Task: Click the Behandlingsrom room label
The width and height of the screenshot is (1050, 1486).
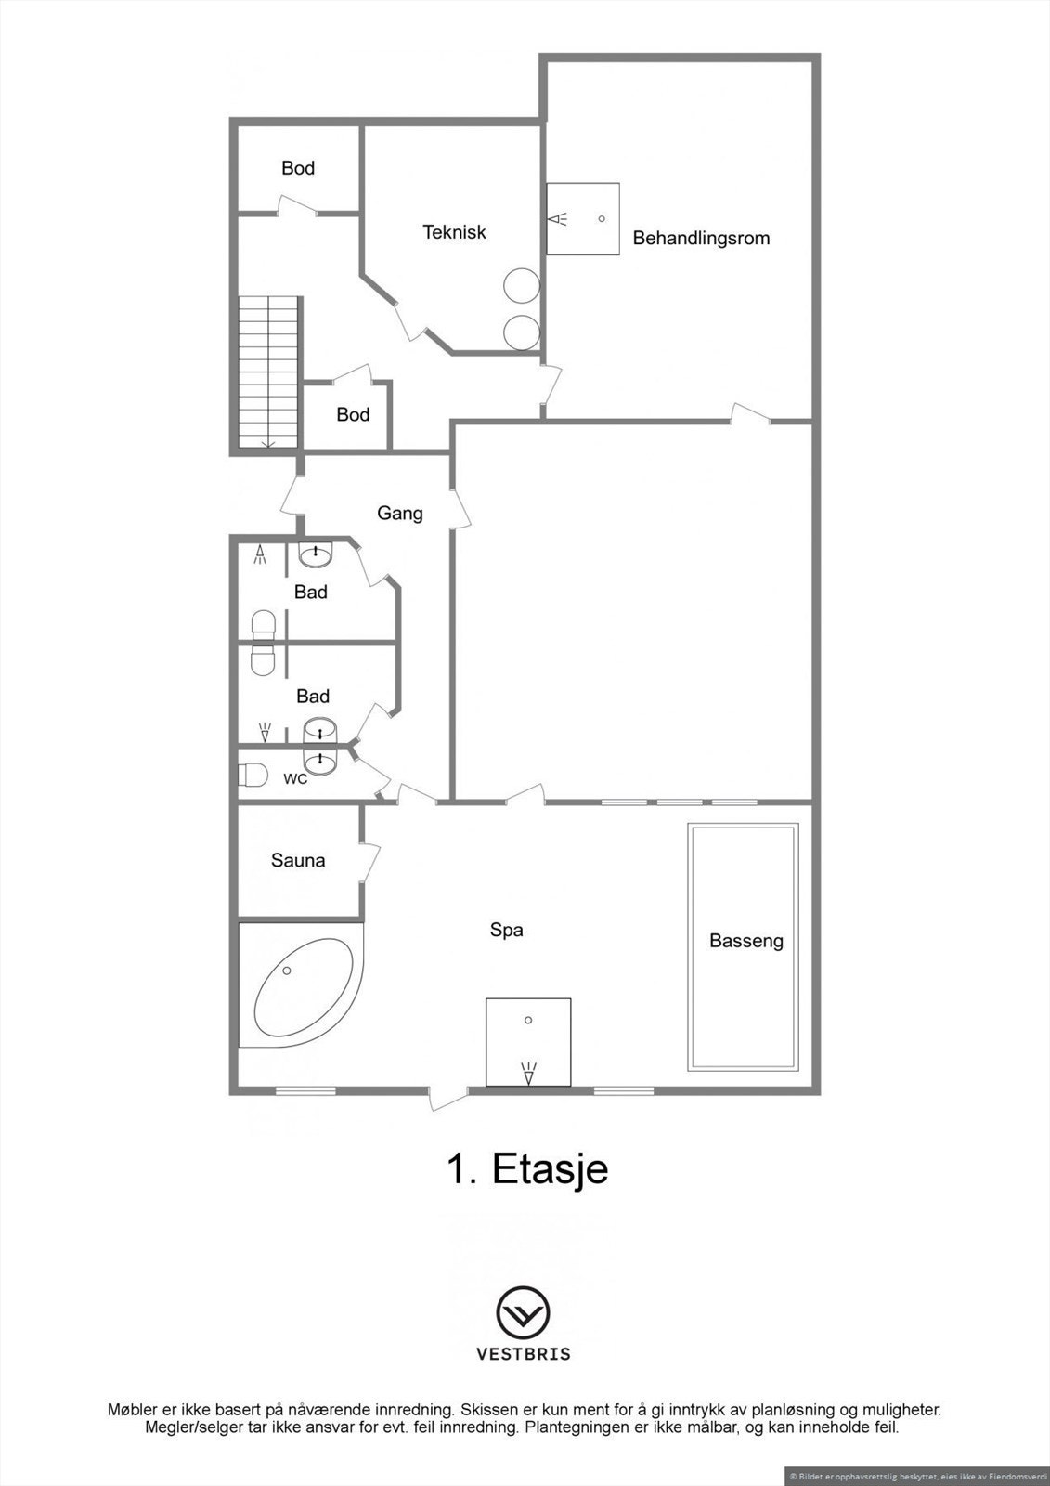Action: [701, 239]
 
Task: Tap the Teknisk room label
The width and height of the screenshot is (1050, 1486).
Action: [454, 232]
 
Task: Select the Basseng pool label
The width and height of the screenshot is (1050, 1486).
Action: [745, 941]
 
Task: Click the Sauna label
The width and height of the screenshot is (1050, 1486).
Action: [298, 861]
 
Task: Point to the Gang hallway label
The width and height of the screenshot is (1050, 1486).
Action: [400, 513]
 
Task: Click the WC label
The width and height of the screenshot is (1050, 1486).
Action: [295, 778]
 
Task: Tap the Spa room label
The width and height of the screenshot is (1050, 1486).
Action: [507, 930]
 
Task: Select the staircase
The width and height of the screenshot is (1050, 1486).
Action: [268, 372]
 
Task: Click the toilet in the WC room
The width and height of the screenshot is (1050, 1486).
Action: [253, 774]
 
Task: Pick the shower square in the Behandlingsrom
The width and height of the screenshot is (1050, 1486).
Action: [582, 219]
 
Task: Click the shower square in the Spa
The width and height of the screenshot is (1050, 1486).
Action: [528, 1042]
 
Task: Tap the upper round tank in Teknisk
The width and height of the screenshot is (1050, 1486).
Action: [520, 285]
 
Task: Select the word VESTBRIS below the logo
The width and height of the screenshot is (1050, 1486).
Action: [524, 1354]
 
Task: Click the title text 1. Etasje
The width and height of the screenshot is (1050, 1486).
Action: [527, 1168]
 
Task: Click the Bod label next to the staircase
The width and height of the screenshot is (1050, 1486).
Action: [353, 415]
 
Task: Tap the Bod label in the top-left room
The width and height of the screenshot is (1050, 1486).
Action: [298, 168]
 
